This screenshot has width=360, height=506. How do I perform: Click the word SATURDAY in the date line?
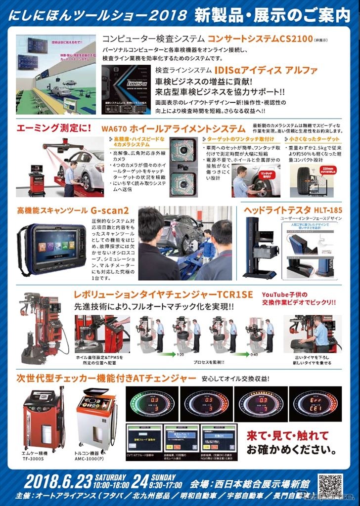(x=112, y=477)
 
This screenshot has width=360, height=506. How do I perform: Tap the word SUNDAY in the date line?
(x=164, y=477)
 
